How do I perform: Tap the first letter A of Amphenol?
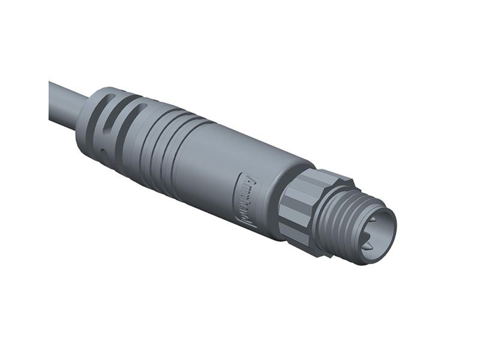pyautogui.click(x=252, y=181)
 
